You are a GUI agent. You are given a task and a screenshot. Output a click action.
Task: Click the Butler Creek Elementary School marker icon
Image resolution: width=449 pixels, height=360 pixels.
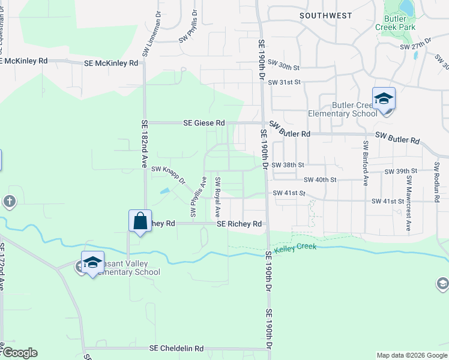click(384, 98)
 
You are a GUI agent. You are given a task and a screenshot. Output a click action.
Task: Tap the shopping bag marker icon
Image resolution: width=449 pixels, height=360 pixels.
click(139, 220)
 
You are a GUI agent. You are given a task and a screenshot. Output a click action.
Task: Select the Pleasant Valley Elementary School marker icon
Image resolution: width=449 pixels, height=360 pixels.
click(92, 262)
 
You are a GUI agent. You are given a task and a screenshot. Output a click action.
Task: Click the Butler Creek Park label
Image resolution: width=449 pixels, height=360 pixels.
click(396, 23)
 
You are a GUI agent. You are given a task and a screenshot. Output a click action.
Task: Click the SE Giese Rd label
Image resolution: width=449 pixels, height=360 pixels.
click(204, 123)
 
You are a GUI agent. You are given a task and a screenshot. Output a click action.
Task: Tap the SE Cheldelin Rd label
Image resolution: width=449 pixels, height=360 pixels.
click(176, 348)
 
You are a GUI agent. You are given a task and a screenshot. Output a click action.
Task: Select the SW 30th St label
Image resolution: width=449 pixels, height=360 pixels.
click(283, 62)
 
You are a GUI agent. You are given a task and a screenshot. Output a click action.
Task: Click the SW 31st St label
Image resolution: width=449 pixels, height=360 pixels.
click(283, 82)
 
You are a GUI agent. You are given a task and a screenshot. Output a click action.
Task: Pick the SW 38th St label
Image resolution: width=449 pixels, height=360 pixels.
click(288, 164)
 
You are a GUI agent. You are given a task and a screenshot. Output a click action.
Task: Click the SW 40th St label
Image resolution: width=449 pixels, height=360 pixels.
click(321, 179)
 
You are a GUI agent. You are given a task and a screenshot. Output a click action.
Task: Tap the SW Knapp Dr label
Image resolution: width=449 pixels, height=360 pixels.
click(168, 175)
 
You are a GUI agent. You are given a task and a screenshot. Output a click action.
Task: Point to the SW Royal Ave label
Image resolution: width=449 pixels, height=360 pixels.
click(218, 197)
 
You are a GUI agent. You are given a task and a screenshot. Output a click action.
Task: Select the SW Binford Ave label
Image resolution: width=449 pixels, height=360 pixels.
click(365, 163)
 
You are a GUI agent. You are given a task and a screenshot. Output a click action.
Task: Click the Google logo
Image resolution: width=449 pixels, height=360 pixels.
click(19, 353)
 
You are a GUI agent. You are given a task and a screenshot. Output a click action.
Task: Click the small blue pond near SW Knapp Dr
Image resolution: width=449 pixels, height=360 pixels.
click(164, 191)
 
